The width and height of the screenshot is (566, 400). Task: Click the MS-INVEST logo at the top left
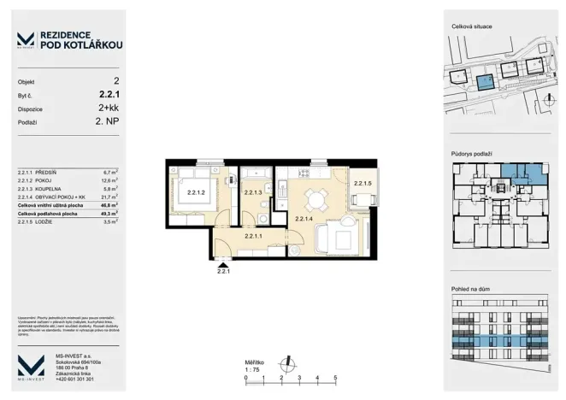[27, 39]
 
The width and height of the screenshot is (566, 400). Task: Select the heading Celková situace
[470, 28]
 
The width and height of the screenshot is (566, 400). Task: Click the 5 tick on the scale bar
[336, 377]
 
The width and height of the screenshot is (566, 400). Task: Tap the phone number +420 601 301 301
[75, 379]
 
